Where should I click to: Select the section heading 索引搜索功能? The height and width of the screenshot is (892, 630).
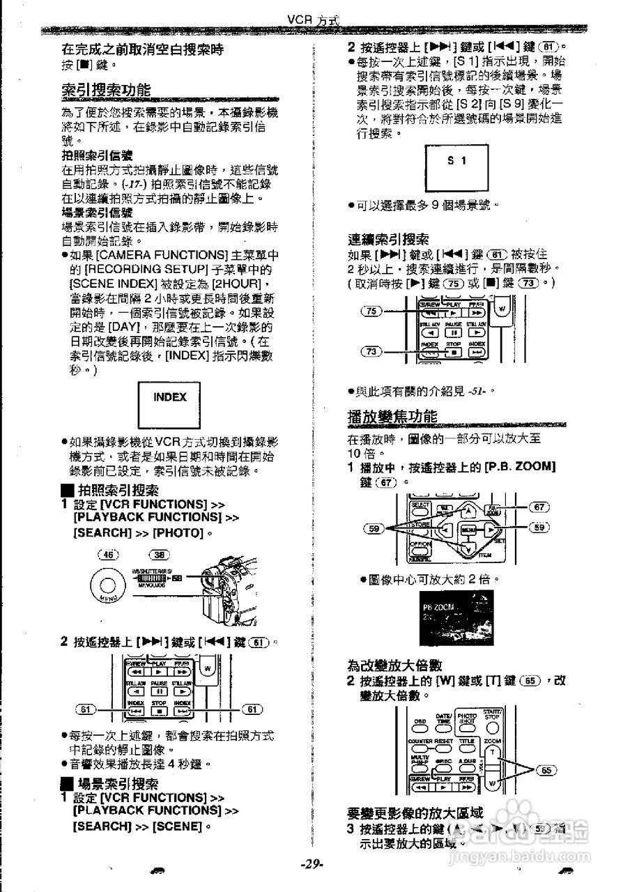click(x=105, y=91)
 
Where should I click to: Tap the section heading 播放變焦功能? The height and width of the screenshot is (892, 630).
click(x=392, y=416)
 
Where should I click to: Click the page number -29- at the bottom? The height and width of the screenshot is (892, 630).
click(x=312, y=864)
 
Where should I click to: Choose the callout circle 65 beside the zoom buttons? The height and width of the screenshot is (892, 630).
click(x=548, y=770)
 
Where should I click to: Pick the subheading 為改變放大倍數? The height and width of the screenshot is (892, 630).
click(x=394, y=666)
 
